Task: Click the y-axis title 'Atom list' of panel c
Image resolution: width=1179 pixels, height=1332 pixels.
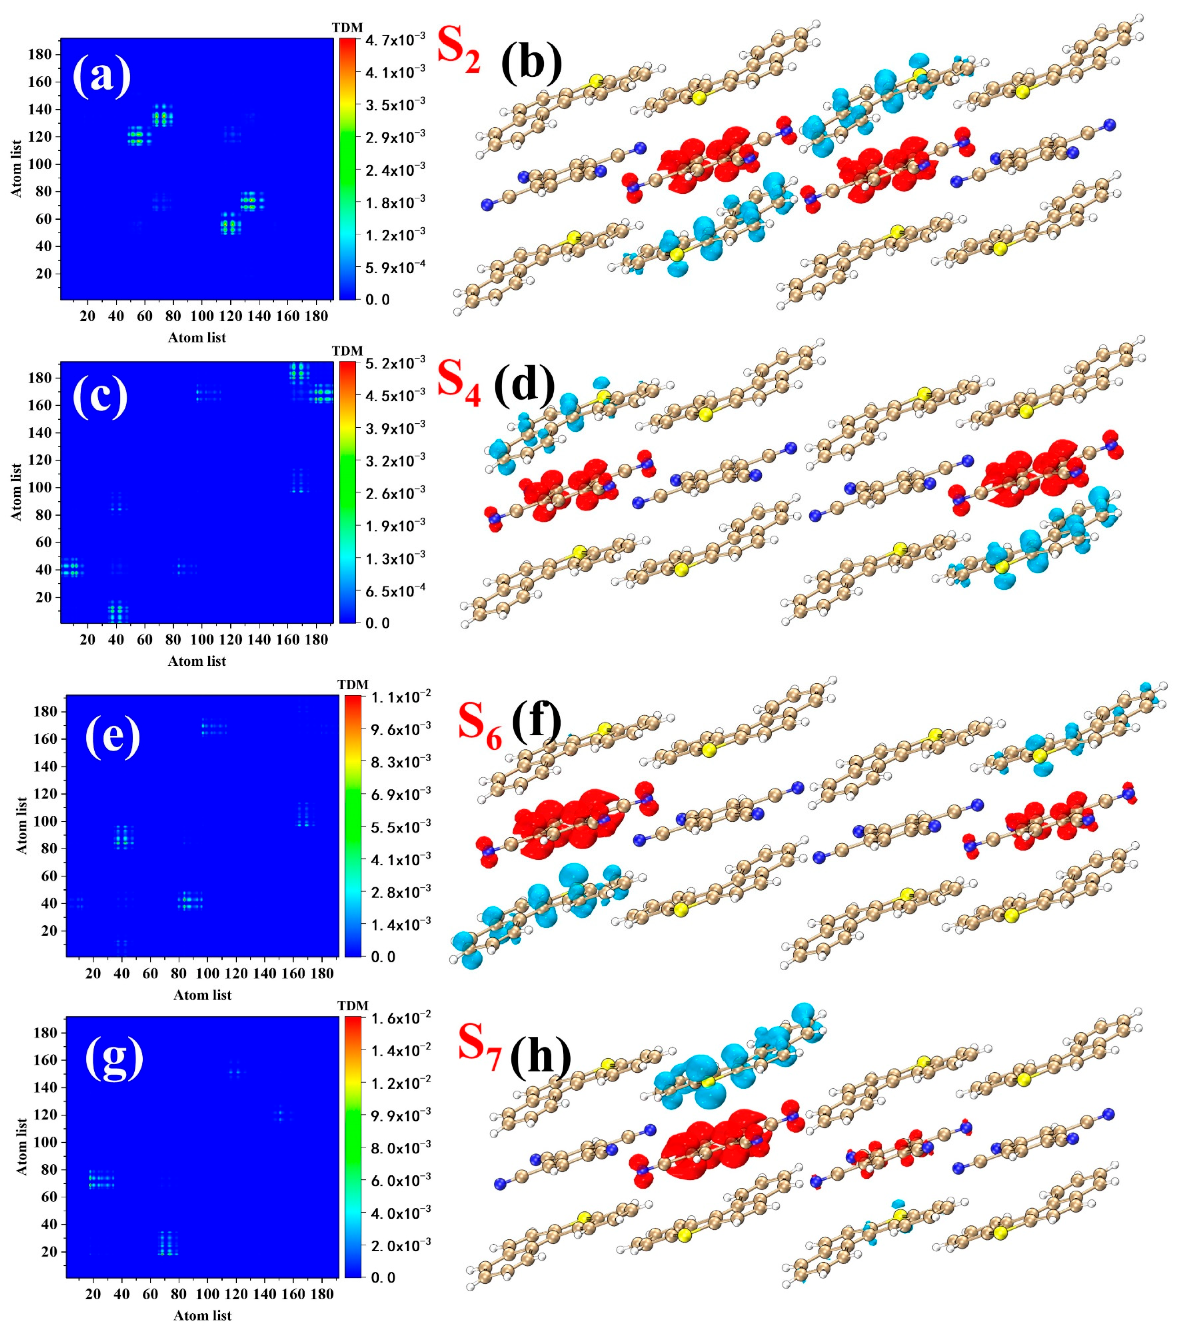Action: [17, 492]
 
